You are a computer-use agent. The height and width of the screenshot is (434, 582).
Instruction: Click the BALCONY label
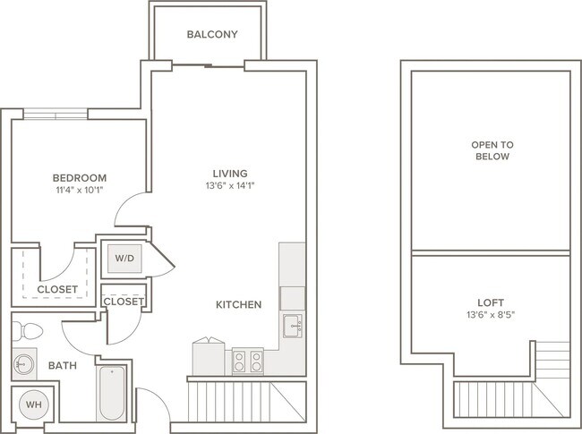[212, 34]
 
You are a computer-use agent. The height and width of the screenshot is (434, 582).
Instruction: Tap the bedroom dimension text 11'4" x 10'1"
[79, 191]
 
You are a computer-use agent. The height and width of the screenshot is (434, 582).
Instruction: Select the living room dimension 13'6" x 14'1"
[230, 185]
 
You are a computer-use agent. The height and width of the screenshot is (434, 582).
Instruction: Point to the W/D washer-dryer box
[124, 259]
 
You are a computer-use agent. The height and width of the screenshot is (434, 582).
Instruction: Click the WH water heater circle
[33, 404]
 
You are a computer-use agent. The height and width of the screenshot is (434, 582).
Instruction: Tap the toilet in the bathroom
[27, 331]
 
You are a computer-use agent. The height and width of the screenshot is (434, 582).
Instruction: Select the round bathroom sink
[24, 364]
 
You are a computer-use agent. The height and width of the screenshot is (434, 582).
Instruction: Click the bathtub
[112, 393]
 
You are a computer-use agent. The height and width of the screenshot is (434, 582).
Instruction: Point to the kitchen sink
[293, 326]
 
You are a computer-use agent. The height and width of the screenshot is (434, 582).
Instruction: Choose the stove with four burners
[248, 361]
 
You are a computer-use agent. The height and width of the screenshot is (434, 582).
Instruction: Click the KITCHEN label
[239, 305]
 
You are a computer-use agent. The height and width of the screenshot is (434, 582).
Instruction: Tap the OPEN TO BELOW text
[492, 150]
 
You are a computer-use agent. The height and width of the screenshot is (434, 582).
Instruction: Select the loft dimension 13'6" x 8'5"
[491, 315]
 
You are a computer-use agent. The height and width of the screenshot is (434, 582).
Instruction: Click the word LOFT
[491, 302]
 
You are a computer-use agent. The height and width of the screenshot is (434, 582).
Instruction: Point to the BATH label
[63, 366]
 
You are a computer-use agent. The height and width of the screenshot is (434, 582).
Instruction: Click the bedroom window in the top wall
[56, 115]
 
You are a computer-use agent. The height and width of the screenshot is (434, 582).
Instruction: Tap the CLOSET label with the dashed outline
[57, 289]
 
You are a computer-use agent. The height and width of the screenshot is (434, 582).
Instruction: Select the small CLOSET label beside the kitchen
[124, 302]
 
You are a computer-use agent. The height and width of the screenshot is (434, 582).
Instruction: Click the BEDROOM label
[80, 178]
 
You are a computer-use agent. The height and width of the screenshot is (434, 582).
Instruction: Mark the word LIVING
[230, 174]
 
